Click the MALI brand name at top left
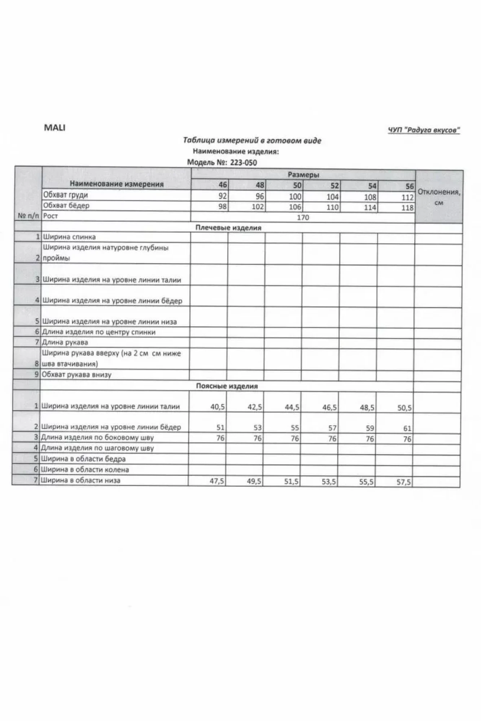pos(54,128)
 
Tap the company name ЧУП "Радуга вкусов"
pos(424,130)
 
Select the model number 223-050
pos(243,163)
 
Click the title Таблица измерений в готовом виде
pos(252,141)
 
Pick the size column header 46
pos(223,185)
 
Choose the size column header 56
pos(409,186)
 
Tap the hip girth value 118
pos(407,208)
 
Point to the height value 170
pos(303,217)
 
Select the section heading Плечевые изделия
pos(228,228)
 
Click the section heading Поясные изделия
pos(227,386)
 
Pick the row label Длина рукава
pos(65,342)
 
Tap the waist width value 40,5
pos(218,407)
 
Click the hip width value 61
pos(407,429)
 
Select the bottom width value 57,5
pos(403,482)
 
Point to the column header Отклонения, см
pos(439,197)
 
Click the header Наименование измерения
pos(117,184)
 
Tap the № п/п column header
pos(28,216)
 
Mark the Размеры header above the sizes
pos(303,175)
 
